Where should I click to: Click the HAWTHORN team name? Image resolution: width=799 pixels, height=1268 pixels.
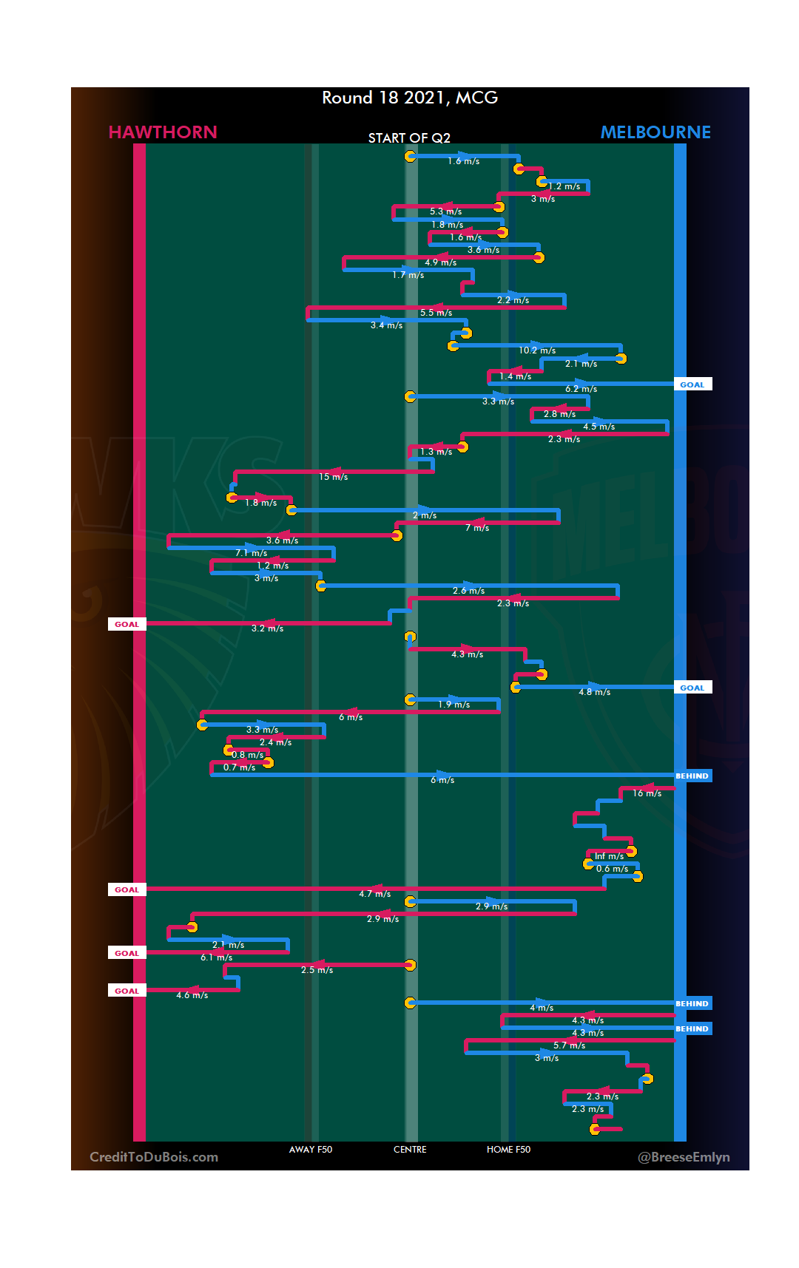click(163, 132)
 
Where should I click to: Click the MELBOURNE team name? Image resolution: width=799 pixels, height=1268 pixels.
click(655, 132)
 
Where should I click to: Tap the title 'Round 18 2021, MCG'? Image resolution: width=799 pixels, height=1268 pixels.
click(410, 98)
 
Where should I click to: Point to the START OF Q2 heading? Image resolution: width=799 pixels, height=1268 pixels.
click(409, 138)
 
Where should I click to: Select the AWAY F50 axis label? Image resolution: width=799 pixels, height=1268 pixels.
click(311, 1150)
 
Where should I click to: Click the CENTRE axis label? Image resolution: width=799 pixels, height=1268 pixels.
click(410, 1150)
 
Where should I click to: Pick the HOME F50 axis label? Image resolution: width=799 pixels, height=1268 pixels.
click(508, 1150)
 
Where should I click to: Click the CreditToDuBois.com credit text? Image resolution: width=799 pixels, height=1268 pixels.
click(154, 1157)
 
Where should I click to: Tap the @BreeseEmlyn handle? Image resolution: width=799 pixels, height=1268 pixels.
click(684, 1157)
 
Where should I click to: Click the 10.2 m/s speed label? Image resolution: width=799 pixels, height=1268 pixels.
click(537, 350)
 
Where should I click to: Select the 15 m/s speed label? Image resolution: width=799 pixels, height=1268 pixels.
click(333, 477)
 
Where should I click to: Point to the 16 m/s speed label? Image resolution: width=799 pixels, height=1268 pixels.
click(647, 793)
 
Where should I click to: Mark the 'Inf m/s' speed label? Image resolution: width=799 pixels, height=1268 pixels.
click(609, 856)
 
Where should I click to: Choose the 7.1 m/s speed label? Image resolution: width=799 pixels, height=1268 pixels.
click(252, 553)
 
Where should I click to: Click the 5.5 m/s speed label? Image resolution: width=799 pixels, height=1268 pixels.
click(436, 313)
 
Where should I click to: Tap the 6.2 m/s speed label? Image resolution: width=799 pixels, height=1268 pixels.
click(581, 389)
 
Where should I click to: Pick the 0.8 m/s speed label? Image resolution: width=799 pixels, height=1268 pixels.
click(247, 755)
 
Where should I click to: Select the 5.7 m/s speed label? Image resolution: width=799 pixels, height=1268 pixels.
click(569, 1045)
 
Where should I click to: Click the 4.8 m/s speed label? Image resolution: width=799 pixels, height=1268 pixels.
click(594, 692)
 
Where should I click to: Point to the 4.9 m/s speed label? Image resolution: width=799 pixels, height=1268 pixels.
click(440, 262)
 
